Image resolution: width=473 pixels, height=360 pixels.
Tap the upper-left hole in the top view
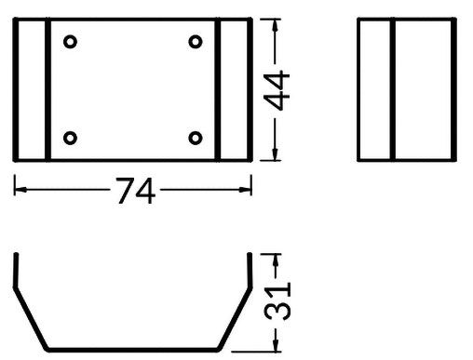point(71,41)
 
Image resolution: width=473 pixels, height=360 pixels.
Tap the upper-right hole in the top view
point(196,41)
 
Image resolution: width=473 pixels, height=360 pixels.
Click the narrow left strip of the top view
point(31,89)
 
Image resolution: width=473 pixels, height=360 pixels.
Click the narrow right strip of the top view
point(235,89)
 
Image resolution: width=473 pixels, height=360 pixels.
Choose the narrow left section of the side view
point(375,89)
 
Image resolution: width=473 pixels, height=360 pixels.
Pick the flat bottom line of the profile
point(132,350)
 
